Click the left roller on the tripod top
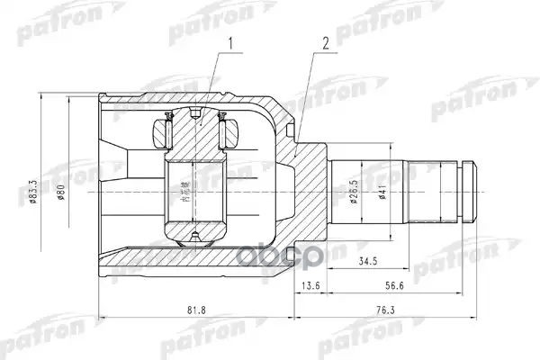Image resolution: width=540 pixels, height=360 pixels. (165, 133)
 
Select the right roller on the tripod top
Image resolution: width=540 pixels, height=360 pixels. (228, 133)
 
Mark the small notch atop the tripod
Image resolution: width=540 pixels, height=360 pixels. (196, 113)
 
